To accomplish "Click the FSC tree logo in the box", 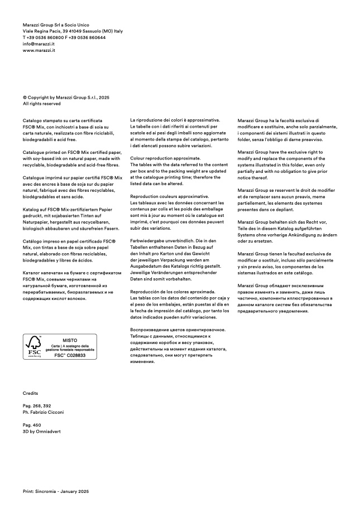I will pyautogui.click(x=34, y=346).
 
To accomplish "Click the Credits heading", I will pyautogui.click(x=31, y=393).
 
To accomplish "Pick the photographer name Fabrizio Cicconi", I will pyautogui.click(x=47, y=412).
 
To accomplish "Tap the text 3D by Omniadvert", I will pyautogui.click(x=42, y=431).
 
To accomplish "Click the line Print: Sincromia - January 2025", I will pyautogui.click(x=56, y=491).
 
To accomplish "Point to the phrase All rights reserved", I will pyautogui.click(x=42, y=104).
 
